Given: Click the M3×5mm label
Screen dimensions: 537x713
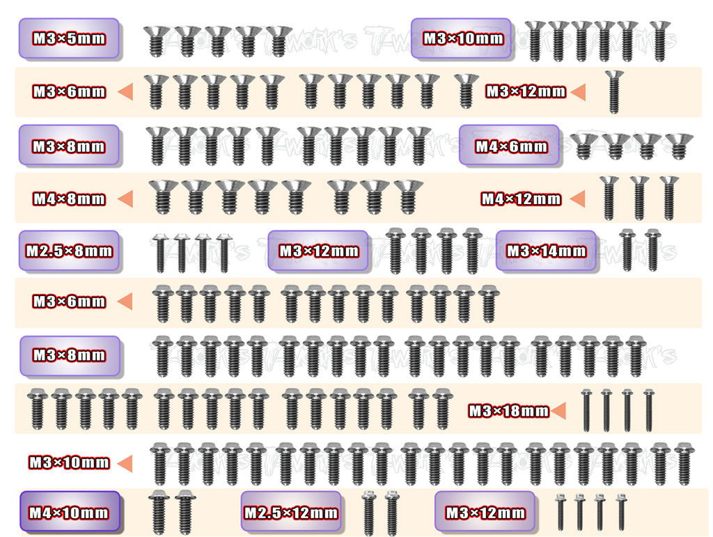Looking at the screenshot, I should pos(68,38).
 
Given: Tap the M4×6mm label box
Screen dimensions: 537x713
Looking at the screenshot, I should pos(509,146).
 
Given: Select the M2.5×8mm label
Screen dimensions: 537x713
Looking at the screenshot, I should pos(68,251).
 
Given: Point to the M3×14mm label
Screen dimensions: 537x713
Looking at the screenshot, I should pos(546,251).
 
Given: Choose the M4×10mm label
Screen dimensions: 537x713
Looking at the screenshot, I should pos(69,513).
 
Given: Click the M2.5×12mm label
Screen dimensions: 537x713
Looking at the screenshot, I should pos(290,513).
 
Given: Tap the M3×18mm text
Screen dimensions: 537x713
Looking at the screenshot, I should pos(508,411).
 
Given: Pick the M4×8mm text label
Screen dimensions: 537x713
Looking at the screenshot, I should pos(69,199).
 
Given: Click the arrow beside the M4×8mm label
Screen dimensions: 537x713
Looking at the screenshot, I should pos(125,199).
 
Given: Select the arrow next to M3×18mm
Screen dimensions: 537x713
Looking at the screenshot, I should pos(558,411).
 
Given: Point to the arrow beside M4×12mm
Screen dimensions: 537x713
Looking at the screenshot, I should pos(578,199).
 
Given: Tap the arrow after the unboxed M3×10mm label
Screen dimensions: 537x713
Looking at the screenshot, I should pos(125,462).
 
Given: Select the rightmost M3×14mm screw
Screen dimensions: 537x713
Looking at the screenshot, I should pos(652,250).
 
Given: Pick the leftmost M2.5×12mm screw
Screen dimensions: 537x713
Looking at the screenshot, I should pos(368,513).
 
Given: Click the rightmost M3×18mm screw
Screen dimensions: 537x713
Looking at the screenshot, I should pos(648,410).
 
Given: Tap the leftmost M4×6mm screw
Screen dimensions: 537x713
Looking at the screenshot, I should pos(583,146).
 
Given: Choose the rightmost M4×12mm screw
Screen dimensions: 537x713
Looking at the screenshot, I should pos(668,197).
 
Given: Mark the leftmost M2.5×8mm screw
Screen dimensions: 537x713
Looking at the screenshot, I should pos(159,252).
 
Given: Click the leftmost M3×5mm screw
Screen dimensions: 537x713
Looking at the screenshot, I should pos(157,42).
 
